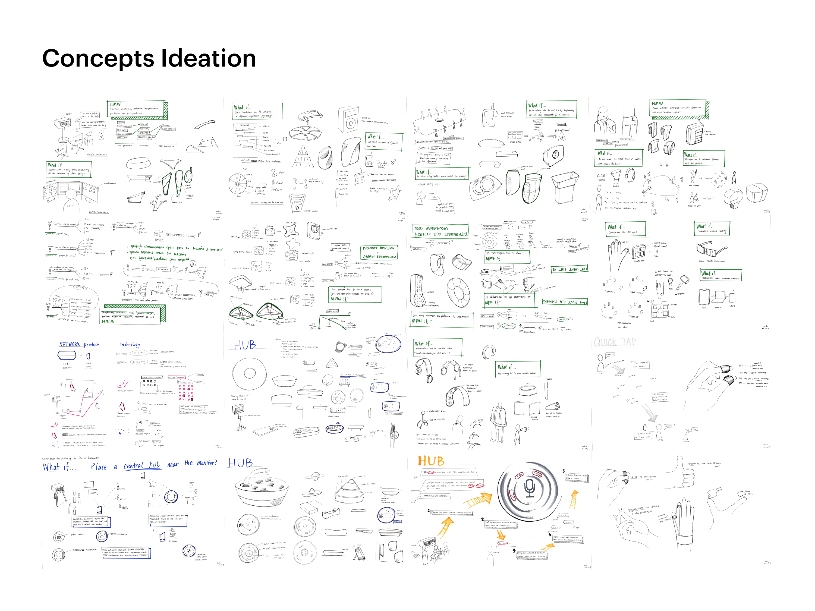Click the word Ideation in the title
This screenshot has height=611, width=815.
(208, 58)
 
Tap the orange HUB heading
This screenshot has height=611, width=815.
(431, 461)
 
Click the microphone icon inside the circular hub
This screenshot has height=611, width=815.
(530, 489)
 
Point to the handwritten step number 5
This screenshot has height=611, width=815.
(563, 471)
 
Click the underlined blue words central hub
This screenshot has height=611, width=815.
(141, 465)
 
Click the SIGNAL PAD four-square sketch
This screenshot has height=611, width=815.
(638, 252)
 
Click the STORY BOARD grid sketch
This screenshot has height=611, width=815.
(514, 135)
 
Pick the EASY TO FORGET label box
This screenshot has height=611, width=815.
(627, 140)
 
